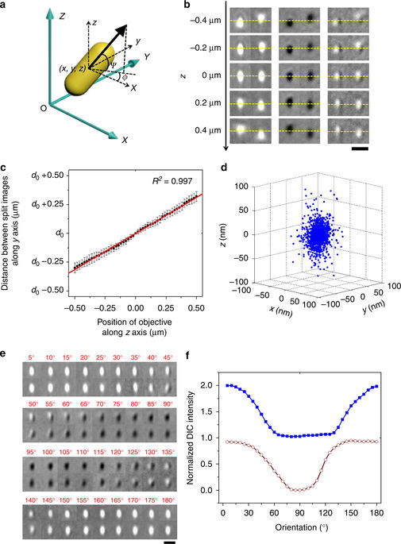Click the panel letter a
point(5,6)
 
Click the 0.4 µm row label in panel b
point(202,130)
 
